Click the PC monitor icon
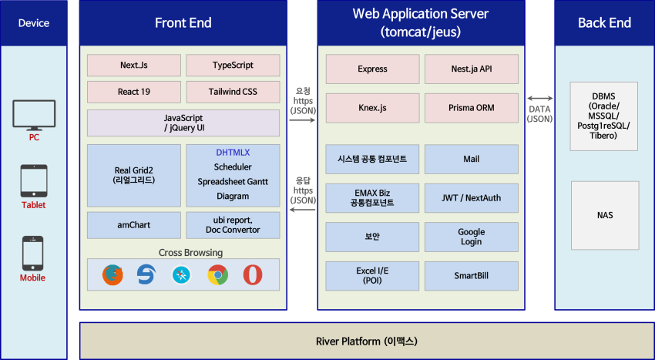[x=34, y=115]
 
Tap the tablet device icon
[x=34, y=180]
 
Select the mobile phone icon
[x=32, y=254]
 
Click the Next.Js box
[x=133, y=66]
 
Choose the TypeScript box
[x=233, y=66]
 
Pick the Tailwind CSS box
[x=233, y=92]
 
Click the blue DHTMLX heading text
[x=233, y=153]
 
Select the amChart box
[x=133, y=225]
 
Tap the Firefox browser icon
[x=113, y=275]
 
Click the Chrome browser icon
[x=217, y=275]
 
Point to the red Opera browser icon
[x=253, y=275]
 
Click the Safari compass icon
[x=181, y=275]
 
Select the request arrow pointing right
[x=302, y=120]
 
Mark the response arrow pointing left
[x=302, y=210]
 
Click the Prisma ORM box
[x=471, y=108]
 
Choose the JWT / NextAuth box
[x=471, y=198]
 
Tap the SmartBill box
[x=471, y=276]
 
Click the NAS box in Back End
[x=605, y=215]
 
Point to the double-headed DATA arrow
[x=539, y=99]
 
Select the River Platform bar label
[x=366, y=341]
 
